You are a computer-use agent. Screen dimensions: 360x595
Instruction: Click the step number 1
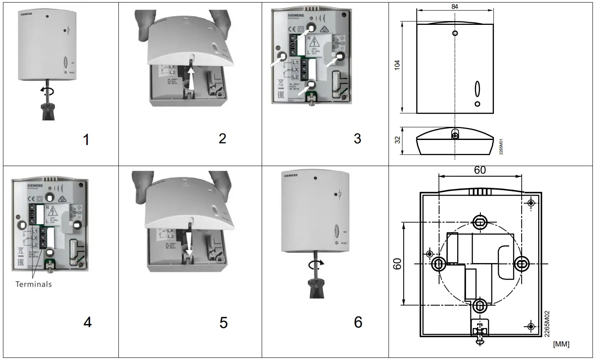click(86, 139)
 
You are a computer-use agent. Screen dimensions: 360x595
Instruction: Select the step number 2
click(222, 138)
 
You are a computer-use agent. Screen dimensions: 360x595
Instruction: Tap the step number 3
click(357, 138)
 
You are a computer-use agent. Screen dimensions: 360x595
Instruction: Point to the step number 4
click(87, 322)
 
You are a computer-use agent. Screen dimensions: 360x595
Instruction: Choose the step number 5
click(223, 322)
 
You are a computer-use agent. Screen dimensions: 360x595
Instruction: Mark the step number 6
click(358, 322)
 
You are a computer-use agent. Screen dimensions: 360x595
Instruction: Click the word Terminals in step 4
click(34, 284)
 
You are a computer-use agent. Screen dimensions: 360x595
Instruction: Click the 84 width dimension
click(455, 6)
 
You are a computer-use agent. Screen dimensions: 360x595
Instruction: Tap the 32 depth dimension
click(397, 140)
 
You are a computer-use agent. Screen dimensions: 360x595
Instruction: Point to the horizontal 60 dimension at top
click(480, 170)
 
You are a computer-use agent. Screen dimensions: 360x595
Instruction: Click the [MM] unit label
click(561, 344)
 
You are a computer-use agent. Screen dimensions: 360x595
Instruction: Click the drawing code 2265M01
click(501, 145)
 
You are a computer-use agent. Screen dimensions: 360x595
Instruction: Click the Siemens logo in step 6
click(291, 175)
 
